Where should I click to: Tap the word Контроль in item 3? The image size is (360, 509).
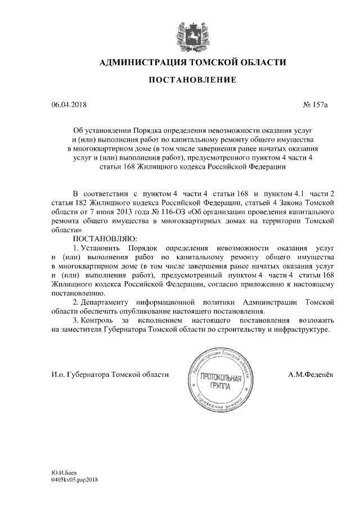[99, 320]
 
